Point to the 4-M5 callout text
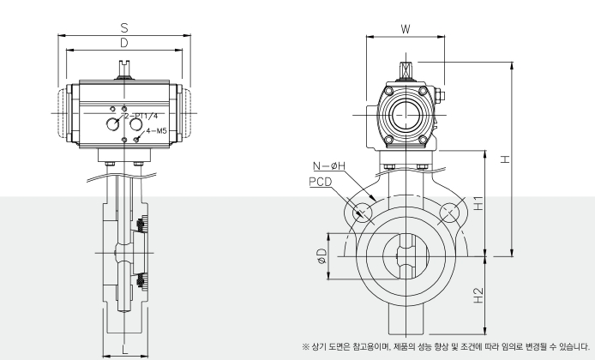(x=157, y=132)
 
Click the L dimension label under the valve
(x=126, y=346)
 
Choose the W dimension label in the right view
(x=405, y=29)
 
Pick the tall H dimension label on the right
(x=505, y=159)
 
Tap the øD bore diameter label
(x=321, y=256)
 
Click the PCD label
(x=321, y=182)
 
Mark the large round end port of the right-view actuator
(x=405, y=114)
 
